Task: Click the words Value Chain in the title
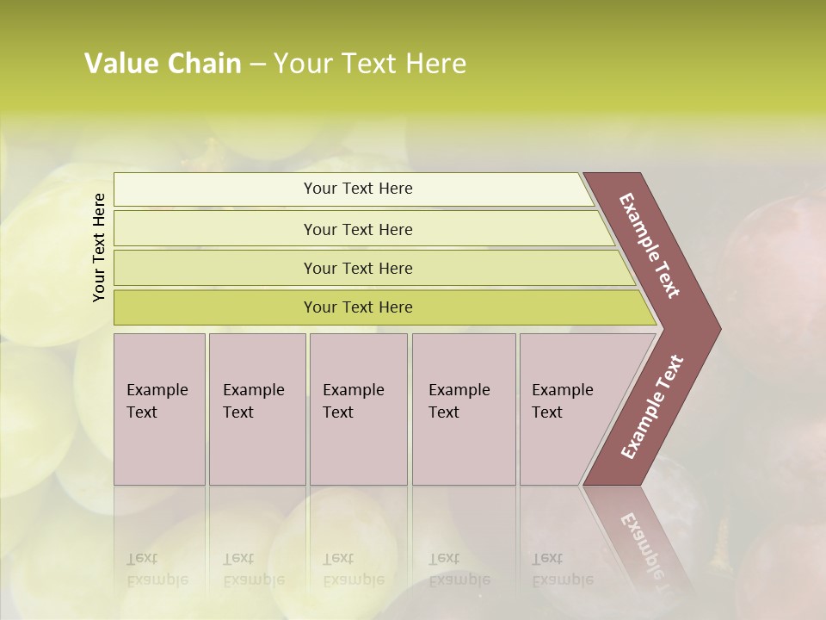pos(163,64)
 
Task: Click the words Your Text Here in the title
pos(370,64)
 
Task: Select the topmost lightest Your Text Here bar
pos(358,189)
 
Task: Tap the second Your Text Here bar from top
pos(358,229)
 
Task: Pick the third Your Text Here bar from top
pos(358,268)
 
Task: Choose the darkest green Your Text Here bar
pos(358,307)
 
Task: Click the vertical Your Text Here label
pos(99,247)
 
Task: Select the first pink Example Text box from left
pos(159,409)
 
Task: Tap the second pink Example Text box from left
pos(256,409)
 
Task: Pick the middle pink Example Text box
pos(358,409)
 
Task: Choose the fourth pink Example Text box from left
pos(464,409)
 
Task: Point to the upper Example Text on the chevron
pos(650,245)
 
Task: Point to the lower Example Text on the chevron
pos(652,406)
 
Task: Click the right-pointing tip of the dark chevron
pos(718,328)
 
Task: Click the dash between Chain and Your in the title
pos(256,65)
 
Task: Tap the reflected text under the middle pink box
pos(353,569)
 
